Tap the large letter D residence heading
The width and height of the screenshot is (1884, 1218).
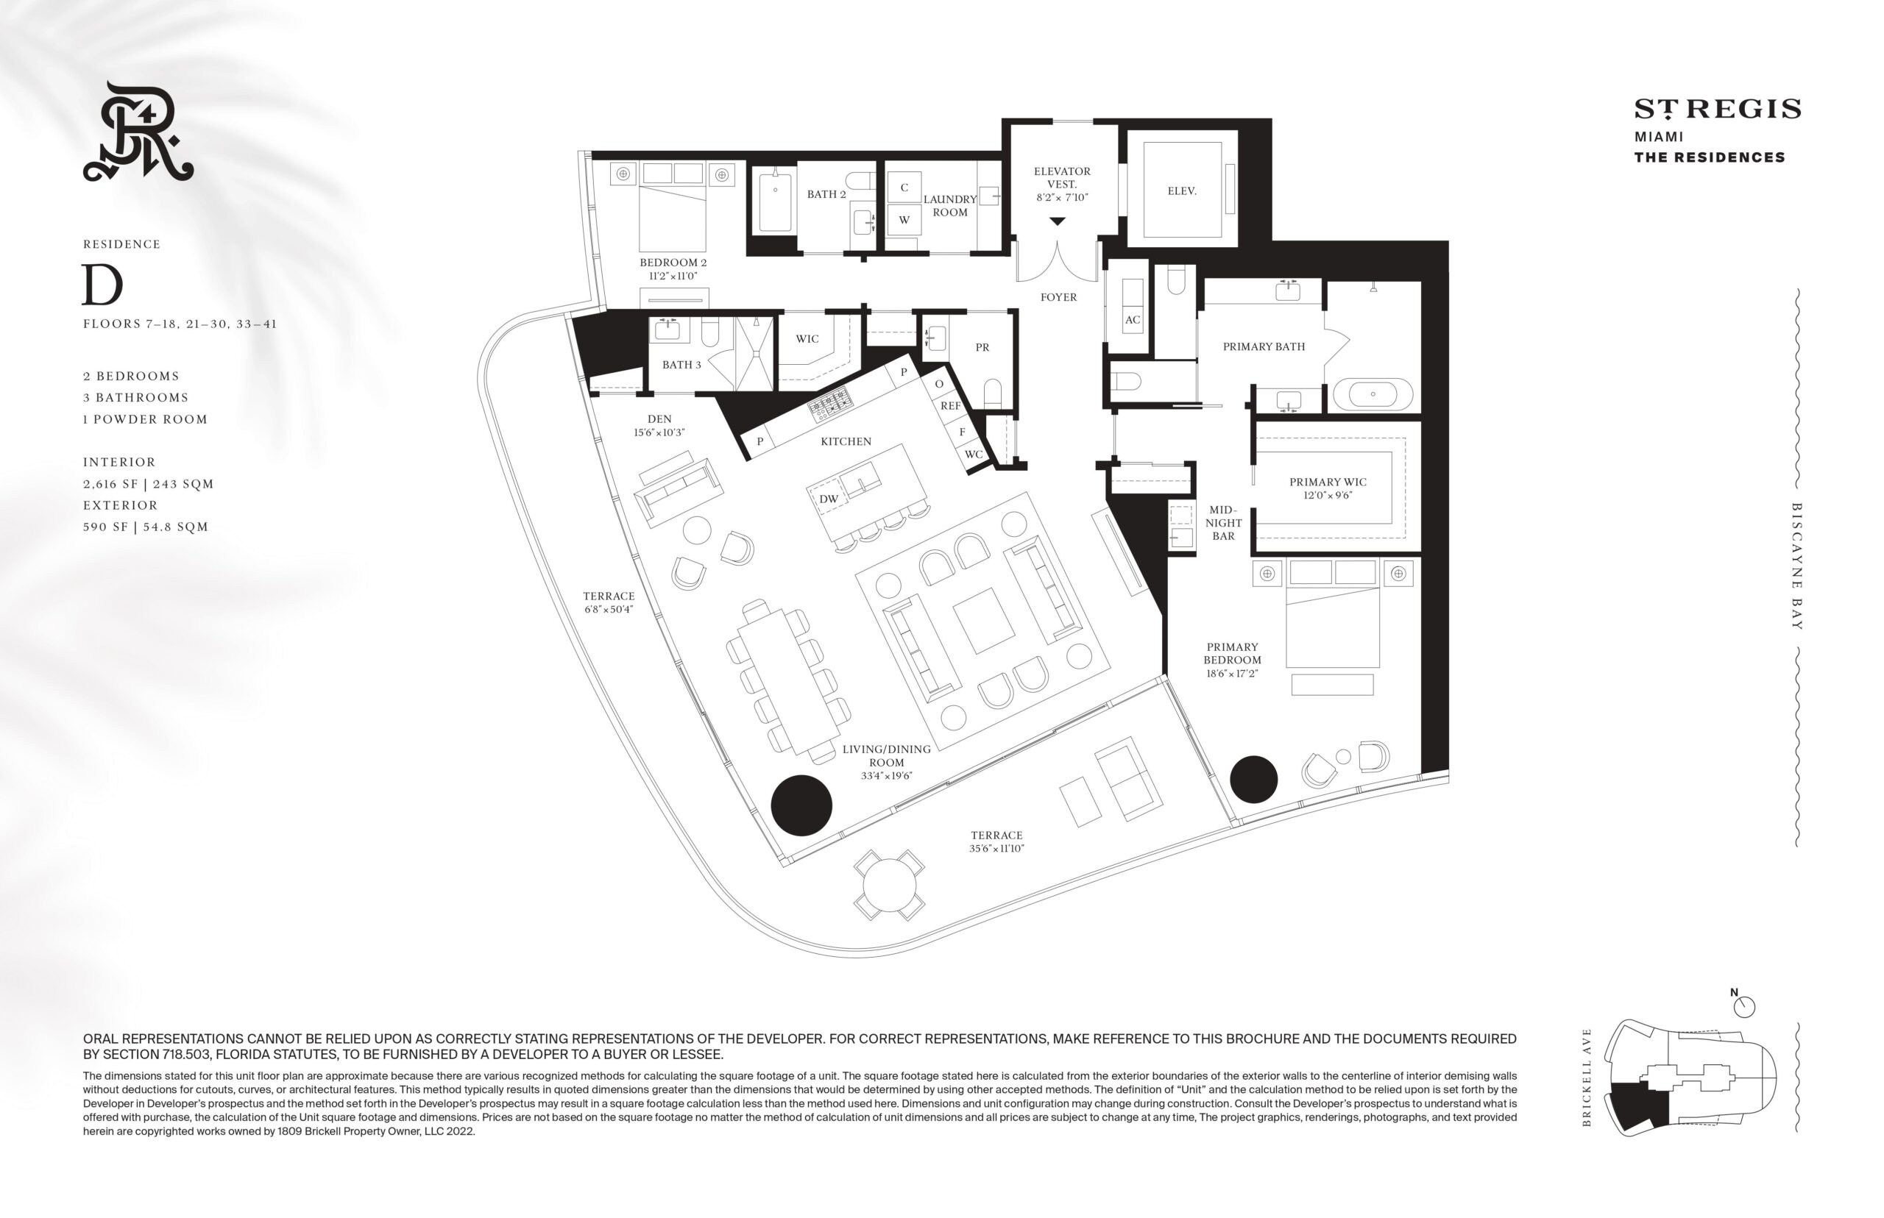[x=103, y=285]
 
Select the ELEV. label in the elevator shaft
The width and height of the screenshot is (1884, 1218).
[x=1181, y=190]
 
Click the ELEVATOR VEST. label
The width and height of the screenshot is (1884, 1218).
[x=1062, y=177]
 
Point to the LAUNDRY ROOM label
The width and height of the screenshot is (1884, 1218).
[x=949, y=206]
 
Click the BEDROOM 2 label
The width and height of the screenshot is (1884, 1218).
[x=673, y=263]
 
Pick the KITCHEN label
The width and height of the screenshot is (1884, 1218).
[x=846, y=441]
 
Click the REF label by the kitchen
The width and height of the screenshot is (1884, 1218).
[x=950, y=406]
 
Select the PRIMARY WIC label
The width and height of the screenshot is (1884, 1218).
[x=1328, y=482]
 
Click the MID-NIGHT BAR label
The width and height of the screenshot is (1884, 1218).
[x=1223, y=523]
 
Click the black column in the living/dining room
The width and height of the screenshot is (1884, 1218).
[x=801, y=805]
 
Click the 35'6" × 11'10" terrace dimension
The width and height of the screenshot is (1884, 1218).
[x=997, y=849]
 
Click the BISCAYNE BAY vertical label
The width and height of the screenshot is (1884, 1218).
[x=1796, y=566]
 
